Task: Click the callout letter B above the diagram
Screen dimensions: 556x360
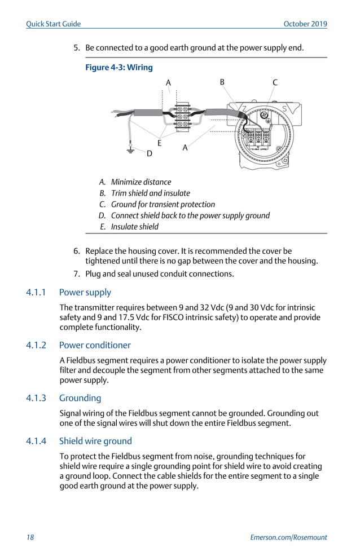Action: point(222,82)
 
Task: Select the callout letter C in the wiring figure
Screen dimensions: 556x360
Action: point(275,82)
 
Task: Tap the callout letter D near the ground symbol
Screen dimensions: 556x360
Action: point(150,153)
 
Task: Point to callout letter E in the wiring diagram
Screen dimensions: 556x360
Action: point(160,143)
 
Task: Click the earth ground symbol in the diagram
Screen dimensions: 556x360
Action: point(130,151)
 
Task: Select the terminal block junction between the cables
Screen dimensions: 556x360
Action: point(182,116)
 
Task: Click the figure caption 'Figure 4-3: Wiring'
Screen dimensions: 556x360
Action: point(118,68)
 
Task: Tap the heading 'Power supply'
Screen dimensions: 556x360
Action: point(85,292)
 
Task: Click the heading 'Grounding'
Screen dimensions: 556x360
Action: point(80,398)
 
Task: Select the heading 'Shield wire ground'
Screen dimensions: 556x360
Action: point(95,441)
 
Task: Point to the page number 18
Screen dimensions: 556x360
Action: point(30,537)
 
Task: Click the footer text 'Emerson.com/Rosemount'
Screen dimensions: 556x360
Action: point(288,537)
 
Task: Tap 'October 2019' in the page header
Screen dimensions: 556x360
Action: point(305,24)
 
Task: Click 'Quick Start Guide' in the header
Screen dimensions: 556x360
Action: point(54,24)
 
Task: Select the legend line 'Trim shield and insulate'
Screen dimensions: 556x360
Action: point(150,193)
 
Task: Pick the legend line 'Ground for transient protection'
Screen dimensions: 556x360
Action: point(163,204)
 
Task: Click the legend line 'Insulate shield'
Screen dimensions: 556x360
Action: point(134,227)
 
